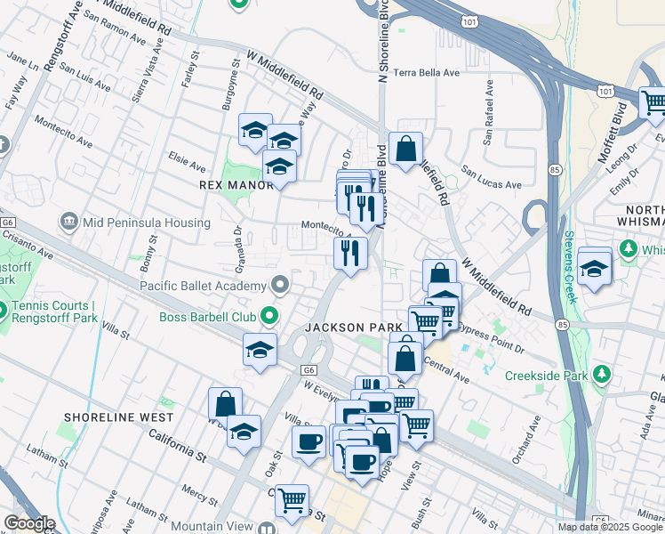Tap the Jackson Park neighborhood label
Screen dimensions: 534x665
(354, 328)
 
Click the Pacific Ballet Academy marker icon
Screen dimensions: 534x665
(281, 286)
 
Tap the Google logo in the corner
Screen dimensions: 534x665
(28, 523)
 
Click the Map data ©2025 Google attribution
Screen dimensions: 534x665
(611, 527)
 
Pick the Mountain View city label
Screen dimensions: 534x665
(209, 526)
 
